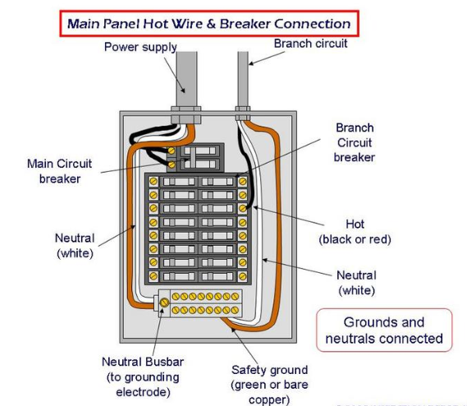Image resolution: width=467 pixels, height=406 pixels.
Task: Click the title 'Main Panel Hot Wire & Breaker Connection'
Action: tap(209, 24)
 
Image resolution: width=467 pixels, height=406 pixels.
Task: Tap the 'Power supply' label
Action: tap(140, 47)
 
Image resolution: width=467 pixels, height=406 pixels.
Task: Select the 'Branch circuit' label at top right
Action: tap(310, 44)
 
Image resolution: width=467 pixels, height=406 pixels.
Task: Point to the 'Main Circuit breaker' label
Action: tap(60, 171)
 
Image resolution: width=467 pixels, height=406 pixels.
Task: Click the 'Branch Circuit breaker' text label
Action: tap(355, 142)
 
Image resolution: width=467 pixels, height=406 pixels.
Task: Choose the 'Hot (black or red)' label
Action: tap(355, 232)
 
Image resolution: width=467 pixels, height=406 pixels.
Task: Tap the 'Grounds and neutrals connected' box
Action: tap(384, 330)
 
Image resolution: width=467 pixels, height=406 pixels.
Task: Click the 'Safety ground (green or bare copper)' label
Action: tap(269, 385)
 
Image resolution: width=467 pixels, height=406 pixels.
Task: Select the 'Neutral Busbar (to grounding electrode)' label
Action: tap(143, 377)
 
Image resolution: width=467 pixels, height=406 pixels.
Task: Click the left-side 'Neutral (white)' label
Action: tap(75, 246)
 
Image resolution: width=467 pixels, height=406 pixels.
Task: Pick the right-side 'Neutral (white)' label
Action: tap(356, 283)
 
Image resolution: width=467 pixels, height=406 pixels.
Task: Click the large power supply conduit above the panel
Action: tap(187, 79)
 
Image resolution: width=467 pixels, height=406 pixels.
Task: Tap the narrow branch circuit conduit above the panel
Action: tap(243, 79)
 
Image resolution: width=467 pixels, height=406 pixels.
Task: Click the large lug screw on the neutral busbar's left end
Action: tap(164, 303)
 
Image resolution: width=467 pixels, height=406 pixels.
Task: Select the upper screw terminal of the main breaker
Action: tap(172, 150)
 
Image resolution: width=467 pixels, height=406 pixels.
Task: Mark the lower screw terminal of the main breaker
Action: tap(172, 164)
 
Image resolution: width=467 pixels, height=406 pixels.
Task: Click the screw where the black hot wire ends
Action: tap(243, 208)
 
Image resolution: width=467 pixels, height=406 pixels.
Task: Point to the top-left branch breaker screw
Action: tap(153, 181)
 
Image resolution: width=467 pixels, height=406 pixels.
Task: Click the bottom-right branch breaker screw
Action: tap(243, 276)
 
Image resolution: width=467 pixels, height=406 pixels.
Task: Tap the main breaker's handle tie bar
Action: tap(193, 157)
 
